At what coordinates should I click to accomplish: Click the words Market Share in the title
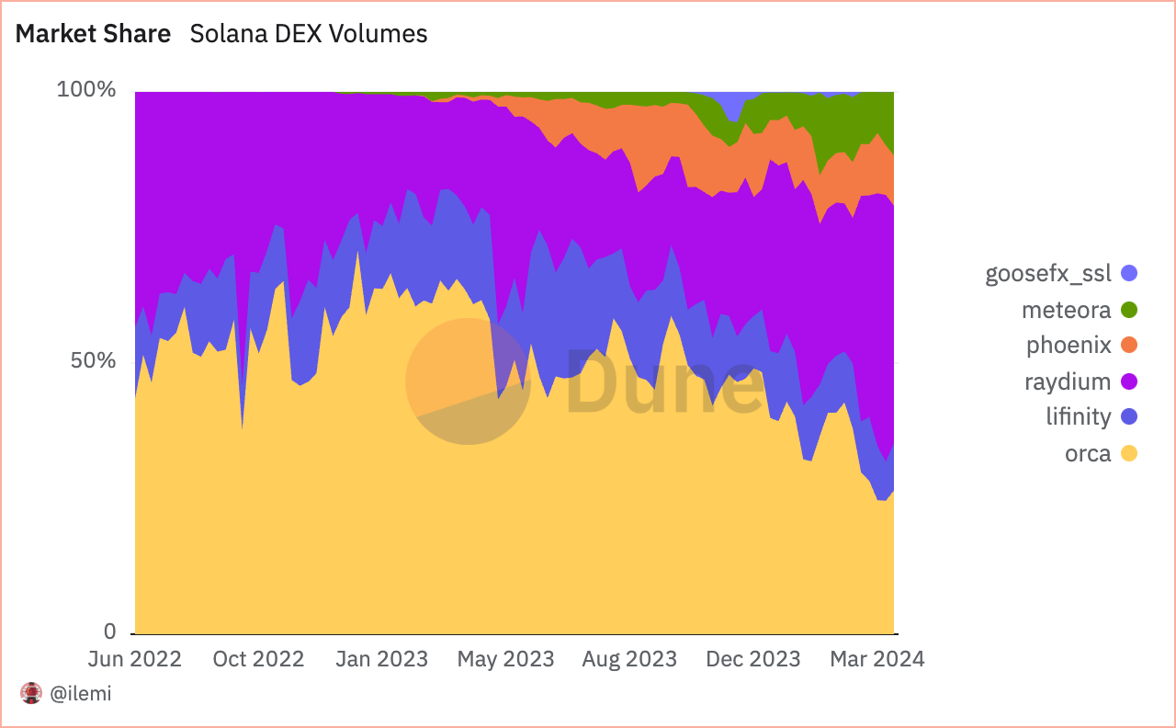click(93, 34)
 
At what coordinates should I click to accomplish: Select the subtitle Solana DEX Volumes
click(308, 34)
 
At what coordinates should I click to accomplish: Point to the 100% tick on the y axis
click(86, 90)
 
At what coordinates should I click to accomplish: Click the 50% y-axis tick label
click(93, 360)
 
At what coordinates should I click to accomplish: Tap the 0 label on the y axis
click(109, 631)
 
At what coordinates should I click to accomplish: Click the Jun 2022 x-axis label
click(135, 659)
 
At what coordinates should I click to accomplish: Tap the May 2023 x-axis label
click(505, 659)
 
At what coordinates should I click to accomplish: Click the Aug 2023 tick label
click(628, 659)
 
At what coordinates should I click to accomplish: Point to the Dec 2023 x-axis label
click(752, 659)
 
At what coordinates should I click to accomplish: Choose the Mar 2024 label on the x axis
click(877, 659)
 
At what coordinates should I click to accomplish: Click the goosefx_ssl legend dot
click(1129, 273)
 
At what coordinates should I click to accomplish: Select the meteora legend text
click(1066, 310)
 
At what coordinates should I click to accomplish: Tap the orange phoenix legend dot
click(1129, 346)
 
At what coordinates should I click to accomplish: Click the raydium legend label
click(1068, 381)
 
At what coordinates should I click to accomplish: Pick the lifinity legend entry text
click(1078, 416)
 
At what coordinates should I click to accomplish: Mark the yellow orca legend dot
click(1129, 453)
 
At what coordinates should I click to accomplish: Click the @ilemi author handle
click(80, 694)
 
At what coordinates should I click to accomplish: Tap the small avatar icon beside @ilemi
click(32, 694)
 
